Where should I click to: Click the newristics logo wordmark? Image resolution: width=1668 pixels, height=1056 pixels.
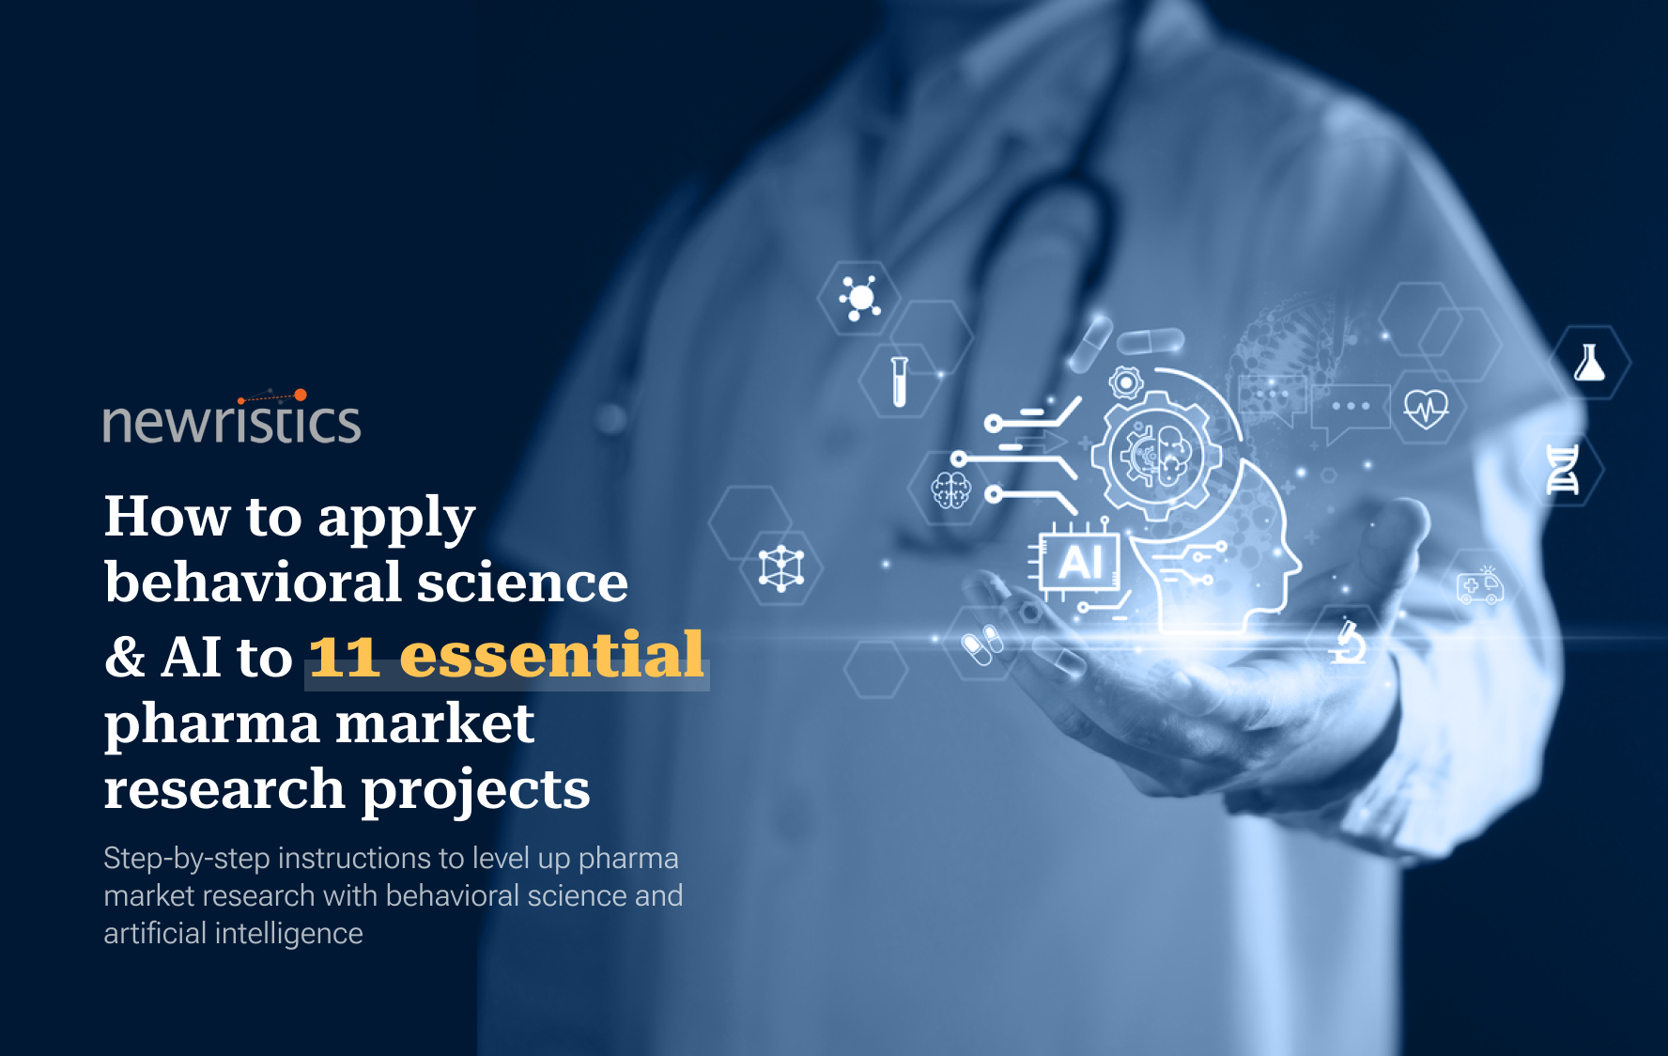[231, 422]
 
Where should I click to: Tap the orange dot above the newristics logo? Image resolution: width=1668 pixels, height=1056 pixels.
[301, 396]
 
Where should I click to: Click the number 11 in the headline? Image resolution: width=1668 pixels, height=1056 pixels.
[344, 656]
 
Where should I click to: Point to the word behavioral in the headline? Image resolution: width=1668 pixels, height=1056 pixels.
[253, 582]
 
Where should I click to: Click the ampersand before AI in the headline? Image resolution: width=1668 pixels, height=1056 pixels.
[125, 656]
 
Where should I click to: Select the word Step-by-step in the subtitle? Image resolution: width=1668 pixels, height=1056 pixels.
[187, 859]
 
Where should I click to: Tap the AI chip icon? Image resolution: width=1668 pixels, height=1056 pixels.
[1079, 564]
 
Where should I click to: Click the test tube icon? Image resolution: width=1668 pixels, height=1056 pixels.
[899, 381]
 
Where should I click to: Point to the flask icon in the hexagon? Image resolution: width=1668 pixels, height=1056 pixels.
[1589, 363]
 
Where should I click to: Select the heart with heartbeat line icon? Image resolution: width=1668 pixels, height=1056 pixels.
[1426, 408]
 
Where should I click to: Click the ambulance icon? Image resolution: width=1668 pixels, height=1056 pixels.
[1479, 586]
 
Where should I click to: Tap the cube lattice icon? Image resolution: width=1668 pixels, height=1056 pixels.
[781, 568]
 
